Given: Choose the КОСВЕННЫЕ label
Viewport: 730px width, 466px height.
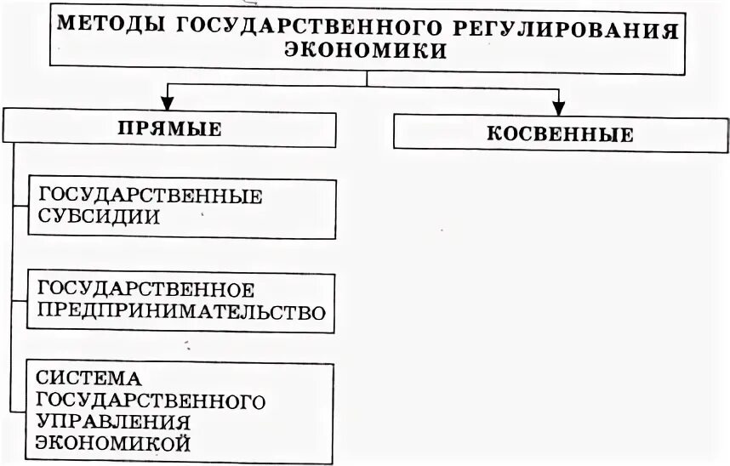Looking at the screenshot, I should [x=560, y=134].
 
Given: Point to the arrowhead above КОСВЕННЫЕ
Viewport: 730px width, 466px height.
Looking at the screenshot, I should [x=558, y=107].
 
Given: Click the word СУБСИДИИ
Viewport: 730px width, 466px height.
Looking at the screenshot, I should [x=100, y=216].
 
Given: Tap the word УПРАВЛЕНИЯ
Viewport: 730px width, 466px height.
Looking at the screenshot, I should [x=112, y=421].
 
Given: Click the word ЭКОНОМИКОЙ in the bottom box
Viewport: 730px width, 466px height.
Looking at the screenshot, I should [x=112, y=443].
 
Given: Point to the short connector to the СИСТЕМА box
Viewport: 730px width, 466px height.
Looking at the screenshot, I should [x=21, y=409].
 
